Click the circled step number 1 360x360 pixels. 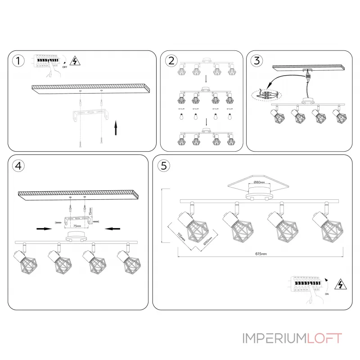tap(18, 61)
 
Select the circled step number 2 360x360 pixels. tap(171, 61)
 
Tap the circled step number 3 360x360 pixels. tap(256, 61)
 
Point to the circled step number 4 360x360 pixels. tap(18, 166)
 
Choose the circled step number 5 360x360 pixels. tap(163, 166)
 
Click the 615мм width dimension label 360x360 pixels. tap(261, 254)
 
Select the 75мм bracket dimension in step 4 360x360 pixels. tap(78, 225)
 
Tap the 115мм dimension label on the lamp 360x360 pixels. tap(180, 237)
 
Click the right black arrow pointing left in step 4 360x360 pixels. tap(111, 229)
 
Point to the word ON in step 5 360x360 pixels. tap(327, 292)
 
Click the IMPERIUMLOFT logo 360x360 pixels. tap(292, 337)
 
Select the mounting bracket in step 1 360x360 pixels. tap(90, 114)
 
